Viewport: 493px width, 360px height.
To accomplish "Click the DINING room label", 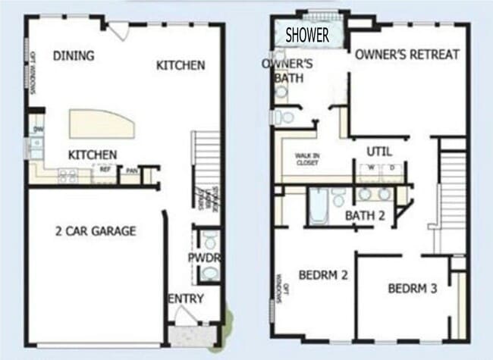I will [74, 55].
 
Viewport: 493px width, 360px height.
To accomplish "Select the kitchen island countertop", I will [102, 124].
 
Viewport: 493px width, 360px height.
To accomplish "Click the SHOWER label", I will [307, 35].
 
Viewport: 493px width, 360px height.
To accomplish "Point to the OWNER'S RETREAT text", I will [407, 54].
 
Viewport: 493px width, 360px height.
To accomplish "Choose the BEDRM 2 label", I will [323, 274].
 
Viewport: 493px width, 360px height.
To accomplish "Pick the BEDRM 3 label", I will [413, 288].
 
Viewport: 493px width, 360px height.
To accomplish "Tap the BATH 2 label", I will [366, 215].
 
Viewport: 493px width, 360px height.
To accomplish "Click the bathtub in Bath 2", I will [318, 203].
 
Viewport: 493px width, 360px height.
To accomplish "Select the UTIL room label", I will [378, 151].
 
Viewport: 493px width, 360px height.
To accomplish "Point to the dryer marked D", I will [391, 168].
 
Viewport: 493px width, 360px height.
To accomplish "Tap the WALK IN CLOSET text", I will [308, 158].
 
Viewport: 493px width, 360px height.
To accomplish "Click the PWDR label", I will [203, 258].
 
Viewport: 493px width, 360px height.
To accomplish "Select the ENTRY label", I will [186, 299].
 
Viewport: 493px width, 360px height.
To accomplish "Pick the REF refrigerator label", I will [105, 171].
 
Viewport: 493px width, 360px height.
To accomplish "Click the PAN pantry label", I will [131, 171].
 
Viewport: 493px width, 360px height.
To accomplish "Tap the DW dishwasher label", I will [36, 130].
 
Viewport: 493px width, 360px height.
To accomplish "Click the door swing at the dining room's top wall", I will [118, 33].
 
